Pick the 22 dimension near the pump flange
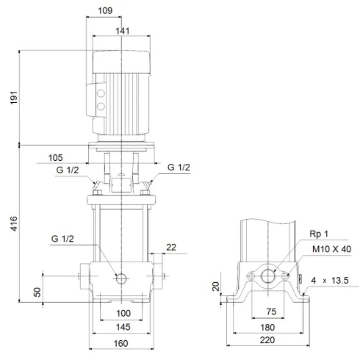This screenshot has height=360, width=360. click(170, 248)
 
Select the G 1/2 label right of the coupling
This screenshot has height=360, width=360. click(179, 168)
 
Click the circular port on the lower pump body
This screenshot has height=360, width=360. click(122, 278)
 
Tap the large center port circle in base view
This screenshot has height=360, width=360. click(267, 277)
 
